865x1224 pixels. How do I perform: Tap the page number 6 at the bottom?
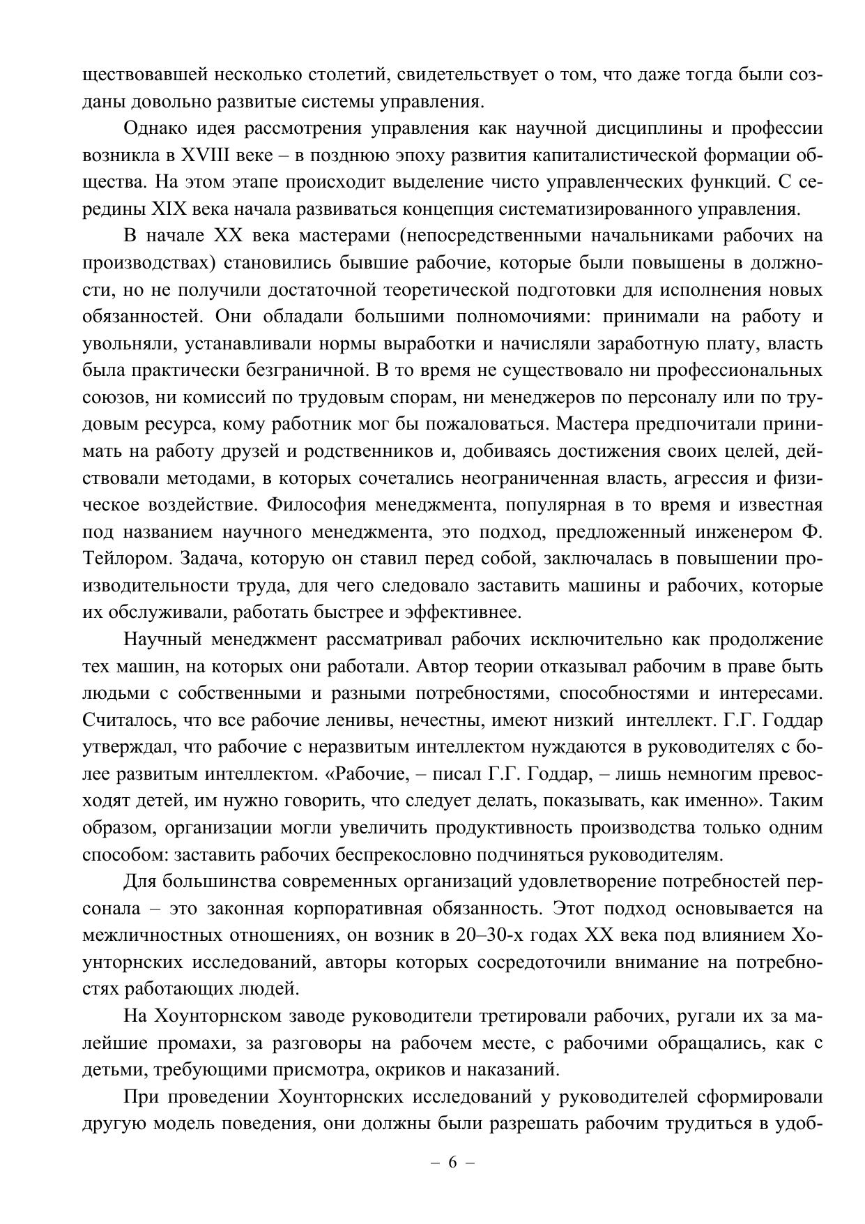pos(452,1162)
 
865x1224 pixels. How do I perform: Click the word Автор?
pos(443,666)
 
